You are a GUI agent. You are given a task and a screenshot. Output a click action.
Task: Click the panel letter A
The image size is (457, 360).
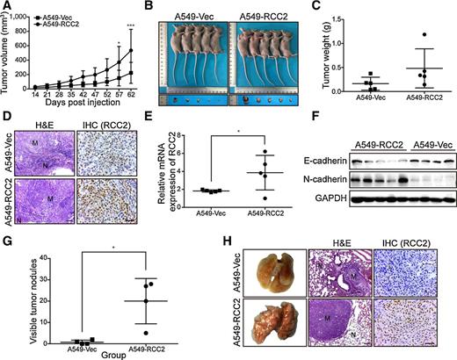7,8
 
